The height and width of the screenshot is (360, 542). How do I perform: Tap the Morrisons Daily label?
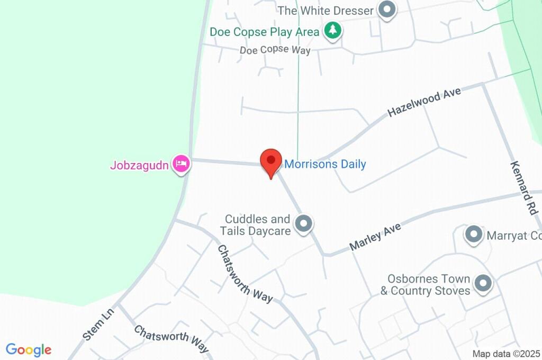click(x=325, y=164)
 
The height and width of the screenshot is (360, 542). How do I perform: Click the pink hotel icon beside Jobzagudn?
click(x=182, y=164)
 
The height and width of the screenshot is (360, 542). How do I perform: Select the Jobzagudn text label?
click(x=139, y=165)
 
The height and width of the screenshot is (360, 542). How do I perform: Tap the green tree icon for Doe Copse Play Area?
click(x=332, y=31)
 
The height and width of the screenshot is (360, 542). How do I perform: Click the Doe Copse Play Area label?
click(x=265, y=32)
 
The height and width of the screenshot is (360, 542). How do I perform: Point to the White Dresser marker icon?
click(x=387, y=10)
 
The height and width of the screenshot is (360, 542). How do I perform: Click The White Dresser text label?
click(x=326, y=11)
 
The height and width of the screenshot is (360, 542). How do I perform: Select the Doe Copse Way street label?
click(x=275, y=50)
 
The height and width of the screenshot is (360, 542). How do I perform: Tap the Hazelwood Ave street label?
click(x=424, y=102)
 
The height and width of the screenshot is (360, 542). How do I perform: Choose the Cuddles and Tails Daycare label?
click(x=258, y=225)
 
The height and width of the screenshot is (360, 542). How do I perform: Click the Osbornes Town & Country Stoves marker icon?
click(x=483, y=284)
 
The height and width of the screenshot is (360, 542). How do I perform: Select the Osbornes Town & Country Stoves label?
click(x=425, y=284)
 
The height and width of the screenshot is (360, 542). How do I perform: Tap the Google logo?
click(x=29, y=350)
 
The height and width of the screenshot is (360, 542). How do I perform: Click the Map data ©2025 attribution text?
click(x=506, y=354)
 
